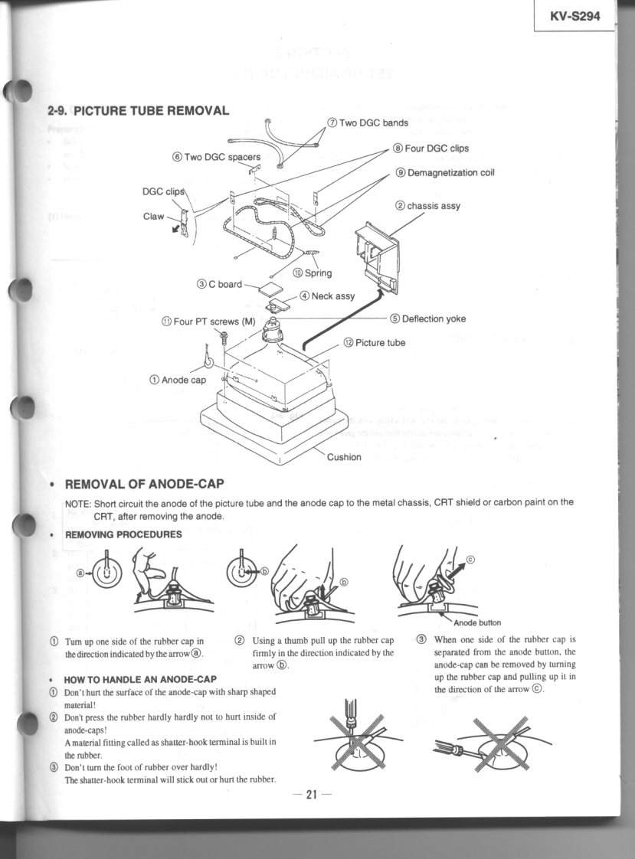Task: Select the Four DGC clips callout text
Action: click(x=430, y=148)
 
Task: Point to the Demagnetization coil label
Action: click(x=445, y=173)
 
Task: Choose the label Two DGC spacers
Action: click(x=217, y=157)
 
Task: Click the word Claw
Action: click(x=154, y=217)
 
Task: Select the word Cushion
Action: click(x=344, y=457)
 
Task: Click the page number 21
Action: click(x=312, y=794)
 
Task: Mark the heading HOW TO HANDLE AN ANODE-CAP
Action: click(x=140, y=679)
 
